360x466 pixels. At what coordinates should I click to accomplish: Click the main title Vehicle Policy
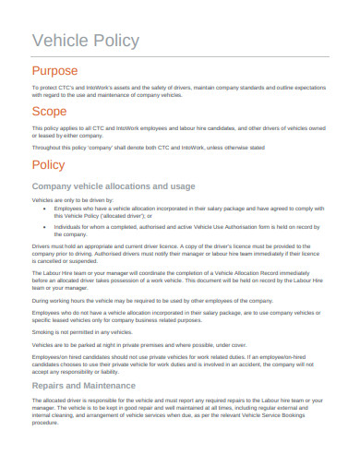click(x=86, y=40)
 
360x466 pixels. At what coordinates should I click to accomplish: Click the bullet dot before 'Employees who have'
click(x=45, y=209)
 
